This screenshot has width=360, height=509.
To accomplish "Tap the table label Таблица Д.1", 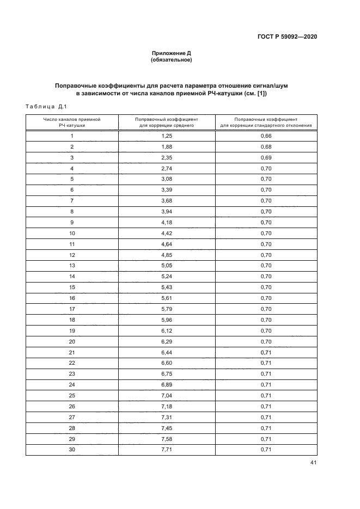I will [x=46, y=106].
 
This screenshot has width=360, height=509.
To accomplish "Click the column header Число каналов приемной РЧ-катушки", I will [x=72, y=121].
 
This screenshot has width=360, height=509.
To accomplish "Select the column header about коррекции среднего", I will [x=167, y=121].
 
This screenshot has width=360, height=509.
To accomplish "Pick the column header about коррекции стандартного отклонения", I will [x=266, y=121].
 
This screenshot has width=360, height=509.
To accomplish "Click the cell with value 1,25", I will [x=167, y=136].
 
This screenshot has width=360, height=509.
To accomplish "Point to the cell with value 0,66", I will [x=266, y=136].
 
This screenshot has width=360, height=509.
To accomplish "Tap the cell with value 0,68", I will [x=266, y=147].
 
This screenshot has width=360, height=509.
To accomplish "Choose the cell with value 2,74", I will [x=167, y=168].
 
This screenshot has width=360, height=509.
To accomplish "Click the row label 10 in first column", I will [x=72, y=233].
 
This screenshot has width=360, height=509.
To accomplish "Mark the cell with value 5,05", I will [x=167, y=266].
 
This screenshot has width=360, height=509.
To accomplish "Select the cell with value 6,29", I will [x=167, y=341].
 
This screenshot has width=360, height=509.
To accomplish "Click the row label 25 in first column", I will [x=72, y=395].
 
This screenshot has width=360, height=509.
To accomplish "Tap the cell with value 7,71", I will [x=167, y=449].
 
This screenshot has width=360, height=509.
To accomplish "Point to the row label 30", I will [x=72, y=449].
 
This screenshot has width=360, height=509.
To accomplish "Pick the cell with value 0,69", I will [x=266, y=158].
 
